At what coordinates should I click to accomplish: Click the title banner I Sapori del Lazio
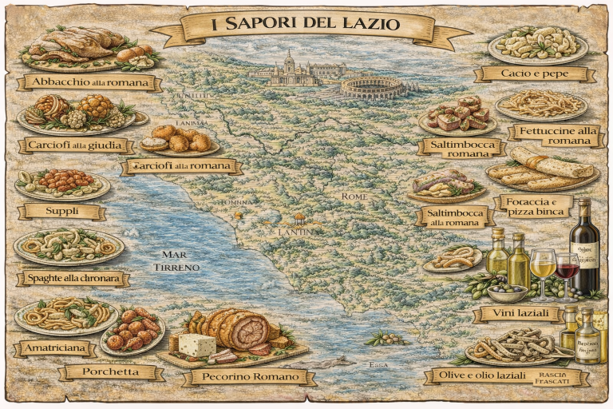click(306, 25)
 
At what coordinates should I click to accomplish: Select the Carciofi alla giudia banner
click(74, 145)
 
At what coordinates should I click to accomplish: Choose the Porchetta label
click(111, 371)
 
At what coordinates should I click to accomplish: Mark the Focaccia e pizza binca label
click(533, 206)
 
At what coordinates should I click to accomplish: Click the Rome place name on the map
click(354, 197)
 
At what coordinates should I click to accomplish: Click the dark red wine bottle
click(585, 248)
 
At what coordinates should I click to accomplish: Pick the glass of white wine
click(543, 268)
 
